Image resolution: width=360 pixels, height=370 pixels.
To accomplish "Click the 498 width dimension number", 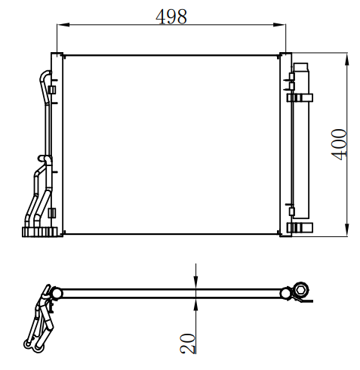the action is click(x=171, y=17).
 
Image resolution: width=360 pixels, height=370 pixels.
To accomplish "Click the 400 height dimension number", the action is click(x=339, y=145).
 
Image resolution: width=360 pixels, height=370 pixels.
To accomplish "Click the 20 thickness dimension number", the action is click(x=188, y=344).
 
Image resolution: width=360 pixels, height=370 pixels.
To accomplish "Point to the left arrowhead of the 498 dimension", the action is click(x=63, y=25).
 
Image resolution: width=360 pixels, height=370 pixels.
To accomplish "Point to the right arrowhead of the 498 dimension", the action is click(x=279, y=25).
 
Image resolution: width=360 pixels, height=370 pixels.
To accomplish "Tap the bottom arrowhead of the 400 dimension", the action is click(x=347, y=230).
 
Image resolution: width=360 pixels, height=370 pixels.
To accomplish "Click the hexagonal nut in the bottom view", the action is click(x=301, y=290).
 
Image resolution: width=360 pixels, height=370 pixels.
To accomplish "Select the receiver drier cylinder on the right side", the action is click(x=301, y=140).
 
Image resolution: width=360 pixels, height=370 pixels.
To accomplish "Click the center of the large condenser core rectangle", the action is click(x=171, y=145).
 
